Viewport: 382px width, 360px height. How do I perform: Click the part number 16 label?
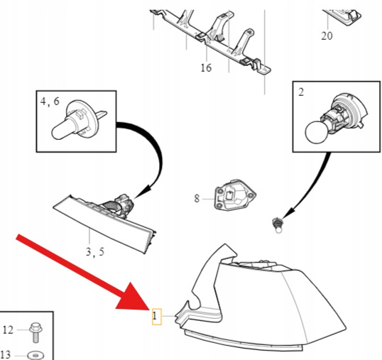coord(206,67)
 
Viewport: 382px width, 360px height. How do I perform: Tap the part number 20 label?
coord(327,36)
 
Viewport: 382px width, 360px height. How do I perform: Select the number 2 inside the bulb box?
coord(301,92)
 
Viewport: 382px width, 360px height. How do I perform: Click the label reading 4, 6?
coord(50,101)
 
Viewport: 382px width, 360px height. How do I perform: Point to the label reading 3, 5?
coord(95,251)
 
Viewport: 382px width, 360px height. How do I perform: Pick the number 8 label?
coord(197,199)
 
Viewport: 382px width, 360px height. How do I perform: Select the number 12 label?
coord(8,330)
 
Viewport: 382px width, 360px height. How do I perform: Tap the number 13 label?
coord(6,355)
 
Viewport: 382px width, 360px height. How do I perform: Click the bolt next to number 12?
coord(36,332)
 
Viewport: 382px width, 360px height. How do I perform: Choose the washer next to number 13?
coord(36,355)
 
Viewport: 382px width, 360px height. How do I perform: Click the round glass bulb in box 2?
coord(316,133)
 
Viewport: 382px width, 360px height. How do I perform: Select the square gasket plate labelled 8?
coord(235,195)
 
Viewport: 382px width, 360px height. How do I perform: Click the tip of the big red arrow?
coord(150,310)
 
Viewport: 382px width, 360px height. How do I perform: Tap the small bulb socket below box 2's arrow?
coord(277,224)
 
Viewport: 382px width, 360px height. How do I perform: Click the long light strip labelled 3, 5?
coord(105,224)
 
